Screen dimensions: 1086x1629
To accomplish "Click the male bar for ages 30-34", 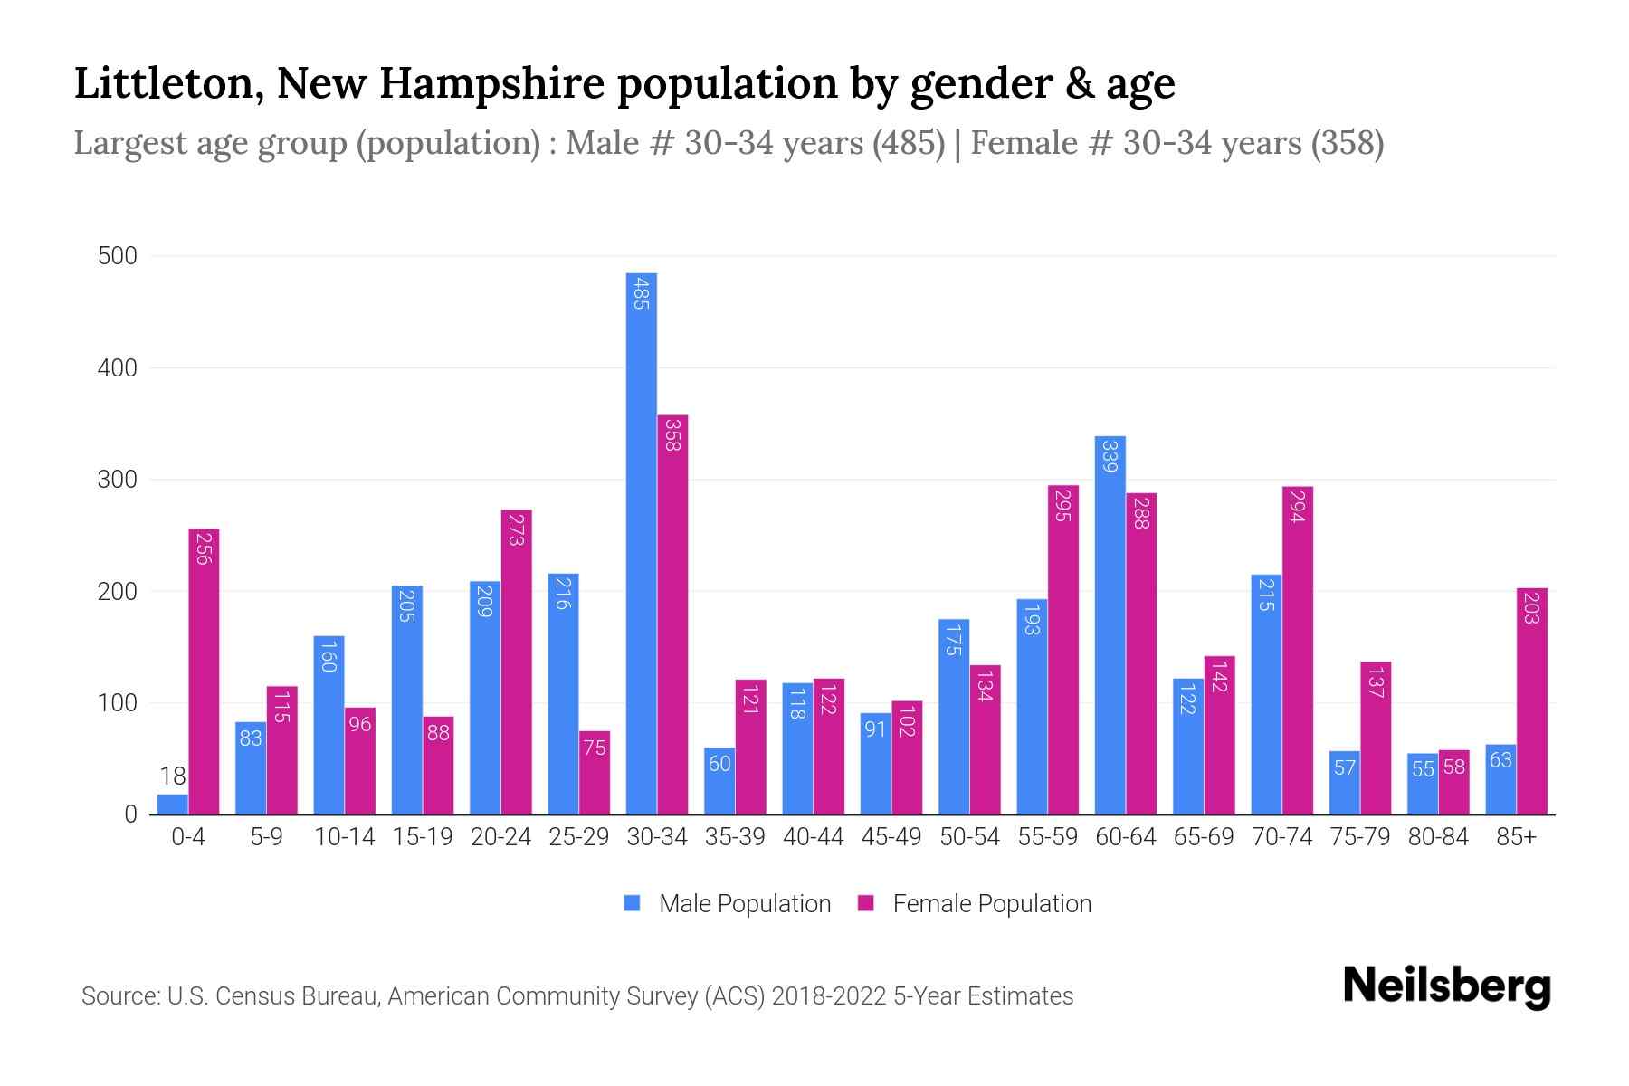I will point(642,543).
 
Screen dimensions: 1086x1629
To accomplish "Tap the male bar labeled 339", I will point(1110,624).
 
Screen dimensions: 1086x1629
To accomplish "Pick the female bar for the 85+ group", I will point(1532,701).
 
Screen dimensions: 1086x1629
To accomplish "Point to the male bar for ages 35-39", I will point(719,781).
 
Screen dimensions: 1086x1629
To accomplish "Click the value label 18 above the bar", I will point(173,776).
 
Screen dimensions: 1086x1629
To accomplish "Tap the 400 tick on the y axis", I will point(118,368).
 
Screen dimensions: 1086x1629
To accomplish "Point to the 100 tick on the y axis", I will point(118,703).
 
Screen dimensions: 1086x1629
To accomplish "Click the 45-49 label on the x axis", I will point(891,837).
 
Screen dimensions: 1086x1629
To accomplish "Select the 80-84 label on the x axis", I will point(1438,837).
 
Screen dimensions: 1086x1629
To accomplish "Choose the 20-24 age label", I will point(500,837).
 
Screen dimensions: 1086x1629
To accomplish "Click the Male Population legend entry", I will point(744,904).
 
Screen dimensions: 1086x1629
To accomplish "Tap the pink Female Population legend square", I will point(866,903).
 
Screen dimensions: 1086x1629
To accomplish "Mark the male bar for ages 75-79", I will point(1344,783).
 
